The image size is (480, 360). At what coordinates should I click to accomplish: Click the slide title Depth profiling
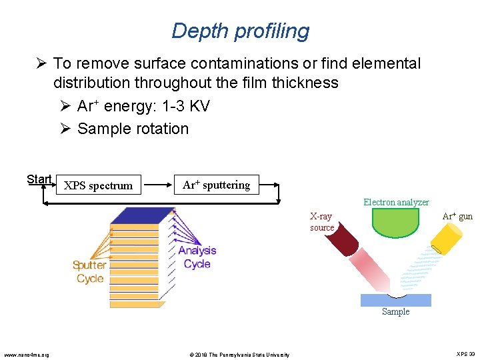tap(240, 31)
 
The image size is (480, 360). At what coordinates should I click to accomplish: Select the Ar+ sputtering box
tap(216, 185)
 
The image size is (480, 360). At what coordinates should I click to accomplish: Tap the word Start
tap(39, 179)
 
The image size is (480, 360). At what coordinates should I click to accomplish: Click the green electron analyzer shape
tap(395, 222)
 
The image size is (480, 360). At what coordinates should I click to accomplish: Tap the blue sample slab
tap(395, 299)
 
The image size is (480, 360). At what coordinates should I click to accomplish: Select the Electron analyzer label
tap(396, 202)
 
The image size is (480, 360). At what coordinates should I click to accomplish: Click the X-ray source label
tap(322, 222)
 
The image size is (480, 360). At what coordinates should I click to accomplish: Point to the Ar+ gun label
tap(457, 216)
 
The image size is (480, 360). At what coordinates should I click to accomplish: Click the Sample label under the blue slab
tap(395, 311)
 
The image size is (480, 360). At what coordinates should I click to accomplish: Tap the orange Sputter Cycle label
tap(89, 272)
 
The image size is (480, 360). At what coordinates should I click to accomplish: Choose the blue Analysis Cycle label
tap(197, 257)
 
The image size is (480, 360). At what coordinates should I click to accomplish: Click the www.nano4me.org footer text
tap(26, 354)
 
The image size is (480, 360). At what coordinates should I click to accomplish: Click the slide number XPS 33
tap(465, 354)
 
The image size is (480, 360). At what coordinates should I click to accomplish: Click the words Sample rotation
tap(133, 129)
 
